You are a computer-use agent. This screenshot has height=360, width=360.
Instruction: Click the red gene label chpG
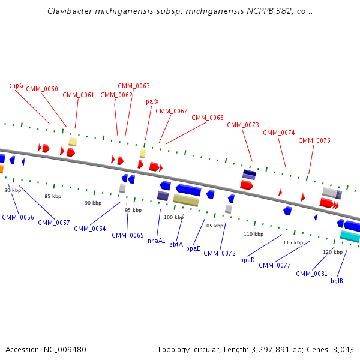(16, 85)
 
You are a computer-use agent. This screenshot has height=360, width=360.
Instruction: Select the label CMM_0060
(42, 89)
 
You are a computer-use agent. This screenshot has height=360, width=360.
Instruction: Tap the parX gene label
(152, 102)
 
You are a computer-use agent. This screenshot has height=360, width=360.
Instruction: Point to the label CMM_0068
(208, 118)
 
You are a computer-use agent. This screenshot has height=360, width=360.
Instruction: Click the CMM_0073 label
(243, 125)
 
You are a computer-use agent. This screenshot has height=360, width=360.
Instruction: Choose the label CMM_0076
(314, 140)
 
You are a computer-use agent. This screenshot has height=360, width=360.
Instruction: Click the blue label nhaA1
(157, 241)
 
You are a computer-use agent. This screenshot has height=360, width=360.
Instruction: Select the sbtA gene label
(176, 244)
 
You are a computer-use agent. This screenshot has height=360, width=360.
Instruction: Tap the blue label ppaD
(247, 260)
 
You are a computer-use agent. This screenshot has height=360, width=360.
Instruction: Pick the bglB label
(337, 281)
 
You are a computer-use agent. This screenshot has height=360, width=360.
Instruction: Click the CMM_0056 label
(18, 217)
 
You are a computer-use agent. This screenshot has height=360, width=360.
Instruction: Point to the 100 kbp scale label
(173, 217)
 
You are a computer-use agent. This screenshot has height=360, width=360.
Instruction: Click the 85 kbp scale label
(53, 196)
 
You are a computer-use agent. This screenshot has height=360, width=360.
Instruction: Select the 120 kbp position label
(332, 252)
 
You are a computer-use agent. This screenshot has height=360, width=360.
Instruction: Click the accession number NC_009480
(64, 349)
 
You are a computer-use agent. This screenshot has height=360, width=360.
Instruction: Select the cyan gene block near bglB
(350, 236)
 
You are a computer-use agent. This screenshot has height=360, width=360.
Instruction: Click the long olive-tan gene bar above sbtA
(186, 200)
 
